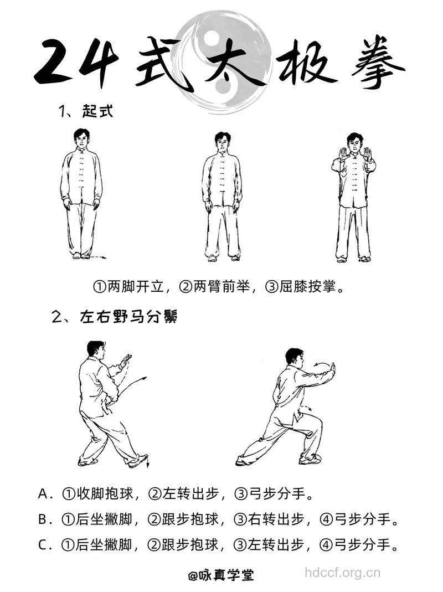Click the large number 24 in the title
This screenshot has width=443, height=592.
(76, 62)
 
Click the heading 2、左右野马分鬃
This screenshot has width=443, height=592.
(114, 317)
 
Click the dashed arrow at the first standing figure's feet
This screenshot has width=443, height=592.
(97, 258)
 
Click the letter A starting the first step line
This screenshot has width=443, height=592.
(44, 493)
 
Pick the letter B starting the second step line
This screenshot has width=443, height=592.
(44, 519)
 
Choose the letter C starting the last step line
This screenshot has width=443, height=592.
(44, 545)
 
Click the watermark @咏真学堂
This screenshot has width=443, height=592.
(221, 575)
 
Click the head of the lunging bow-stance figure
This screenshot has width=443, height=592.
(294, 357)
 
